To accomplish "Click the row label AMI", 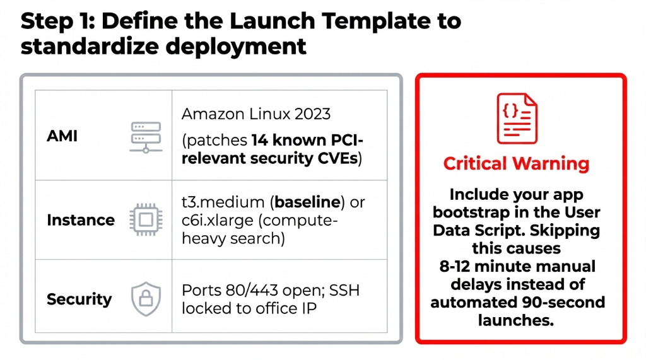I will tap(62, 136).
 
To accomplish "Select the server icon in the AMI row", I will tap(146, 137).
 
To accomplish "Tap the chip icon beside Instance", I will tap(146, 220).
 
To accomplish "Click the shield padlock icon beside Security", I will tap(146, 299).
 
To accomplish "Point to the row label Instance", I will tap(81, 220).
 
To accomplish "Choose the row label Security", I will tap(79, 299).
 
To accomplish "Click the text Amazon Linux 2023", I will tap(256, 114).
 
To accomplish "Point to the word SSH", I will tap(353, 291).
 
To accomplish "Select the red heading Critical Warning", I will tap(516, 164).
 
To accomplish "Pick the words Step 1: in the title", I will tap(57, 21).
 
